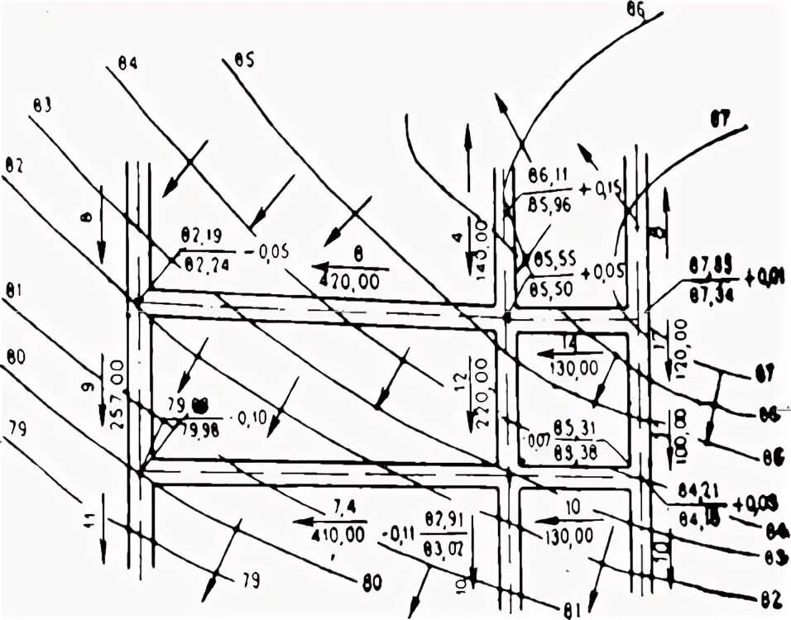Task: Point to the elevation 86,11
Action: [546, 175]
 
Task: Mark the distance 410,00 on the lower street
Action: [338, 534]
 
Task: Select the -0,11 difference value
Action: [396, 533]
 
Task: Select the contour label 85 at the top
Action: [244, 59]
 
